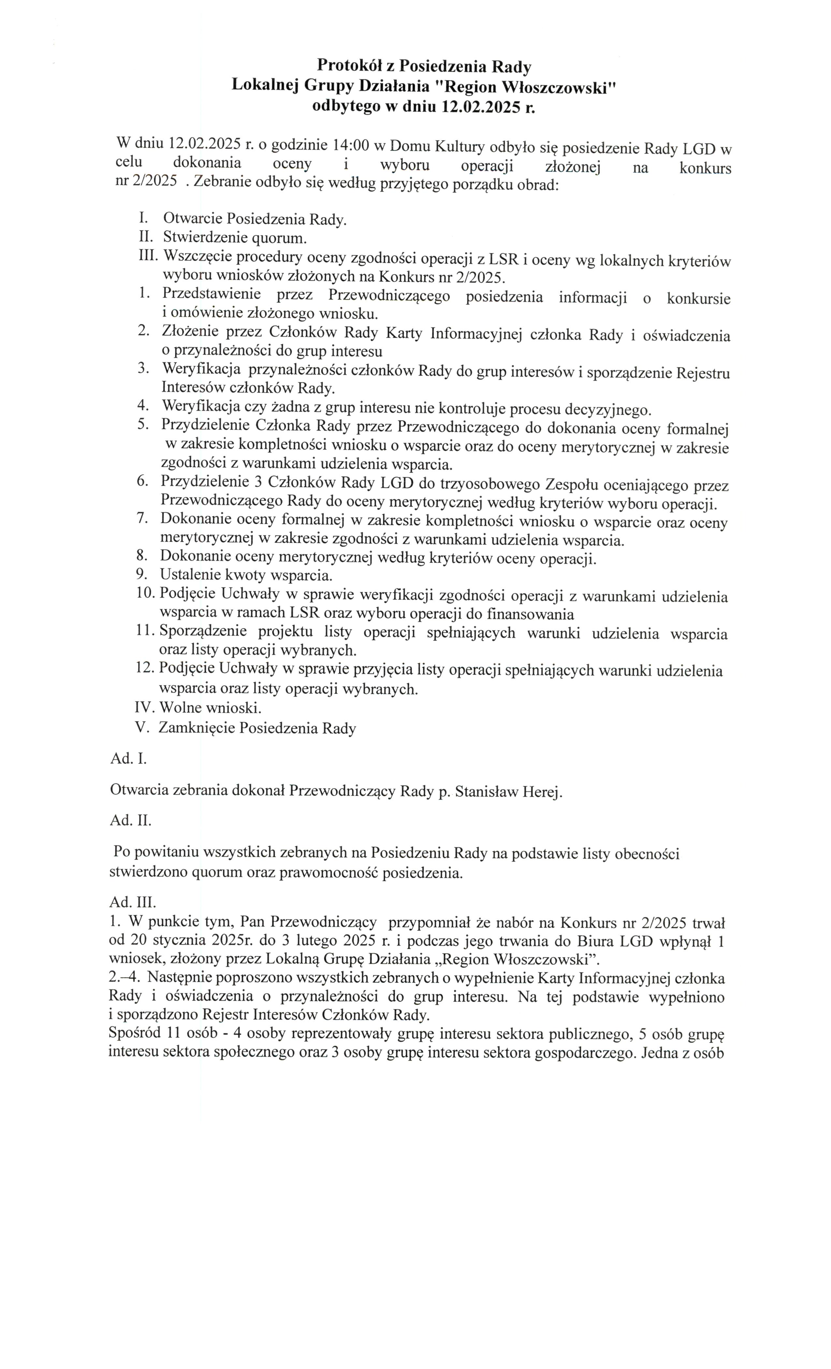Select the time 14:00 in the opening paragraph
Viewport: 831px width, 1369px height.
point(351,146)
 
